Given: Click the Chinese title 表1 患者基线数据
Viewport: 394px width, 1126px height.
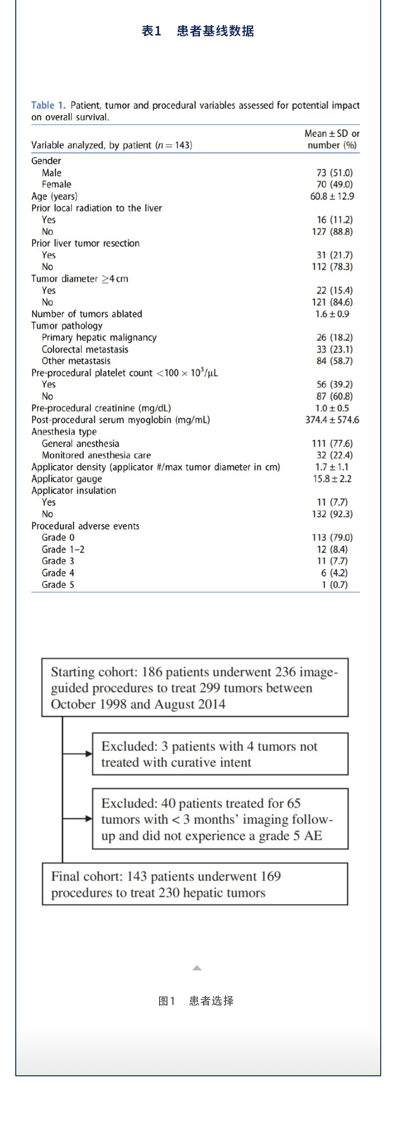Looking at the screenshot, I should tap(197, 31).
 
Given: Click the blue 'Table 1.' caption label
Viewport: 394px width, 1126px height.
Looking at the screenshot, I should tap(48, 105).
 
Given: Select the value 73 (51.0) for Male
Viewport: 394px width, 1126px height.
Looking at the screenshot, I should tap(334, 173).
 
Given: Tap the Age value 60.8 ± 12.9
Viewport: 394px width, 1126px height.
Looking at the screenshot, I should tap(332, 196).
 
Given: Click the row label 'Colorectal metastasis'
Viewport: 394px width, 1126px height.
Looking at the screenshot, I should tap(85, 350).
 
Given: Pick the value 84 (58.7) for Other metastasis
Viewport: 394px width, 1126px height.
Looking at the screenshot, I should tap(334, 361).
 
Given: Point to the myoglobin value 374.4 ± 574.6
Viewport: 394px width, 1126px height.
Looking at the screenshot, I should tap(332, 420).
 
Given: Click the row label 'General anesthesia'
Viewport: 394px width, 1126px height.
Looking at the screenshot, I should tap(80, 444).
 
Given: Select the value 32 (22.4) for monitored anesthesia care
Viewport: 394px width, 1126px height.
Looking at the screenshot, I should tap(334, 455).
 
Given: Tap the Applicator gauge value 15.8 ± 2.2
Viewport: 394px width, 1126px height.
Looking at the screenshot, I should tap(332, 479).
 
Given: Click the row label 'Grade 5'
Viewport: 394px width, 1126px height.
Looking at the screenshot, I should tap(58, 585).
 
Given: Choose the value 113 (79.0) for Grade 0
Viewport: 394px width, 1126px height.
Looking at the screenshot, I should tap(332, 538).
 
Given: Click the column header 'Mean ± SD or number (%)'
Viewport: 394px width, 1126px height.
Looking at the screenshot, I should tap(332, 139).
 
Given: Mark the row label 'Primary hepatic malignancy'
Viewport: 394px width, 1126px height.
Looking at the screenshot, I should tap(99, 338).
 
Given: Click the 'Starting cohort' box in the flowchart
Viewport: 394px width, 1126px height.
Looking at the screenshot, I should tap(195, 687).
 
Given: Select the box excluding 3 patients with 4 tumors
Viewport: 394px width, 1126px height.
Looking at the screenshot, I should tap(220, 754).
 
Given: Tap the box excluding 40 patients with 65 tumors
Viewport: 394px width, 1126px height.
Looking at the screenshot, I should tap(220, 819).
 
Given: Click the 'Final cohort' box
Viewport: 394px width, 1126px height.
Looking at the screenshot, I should tap(195, 884).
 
